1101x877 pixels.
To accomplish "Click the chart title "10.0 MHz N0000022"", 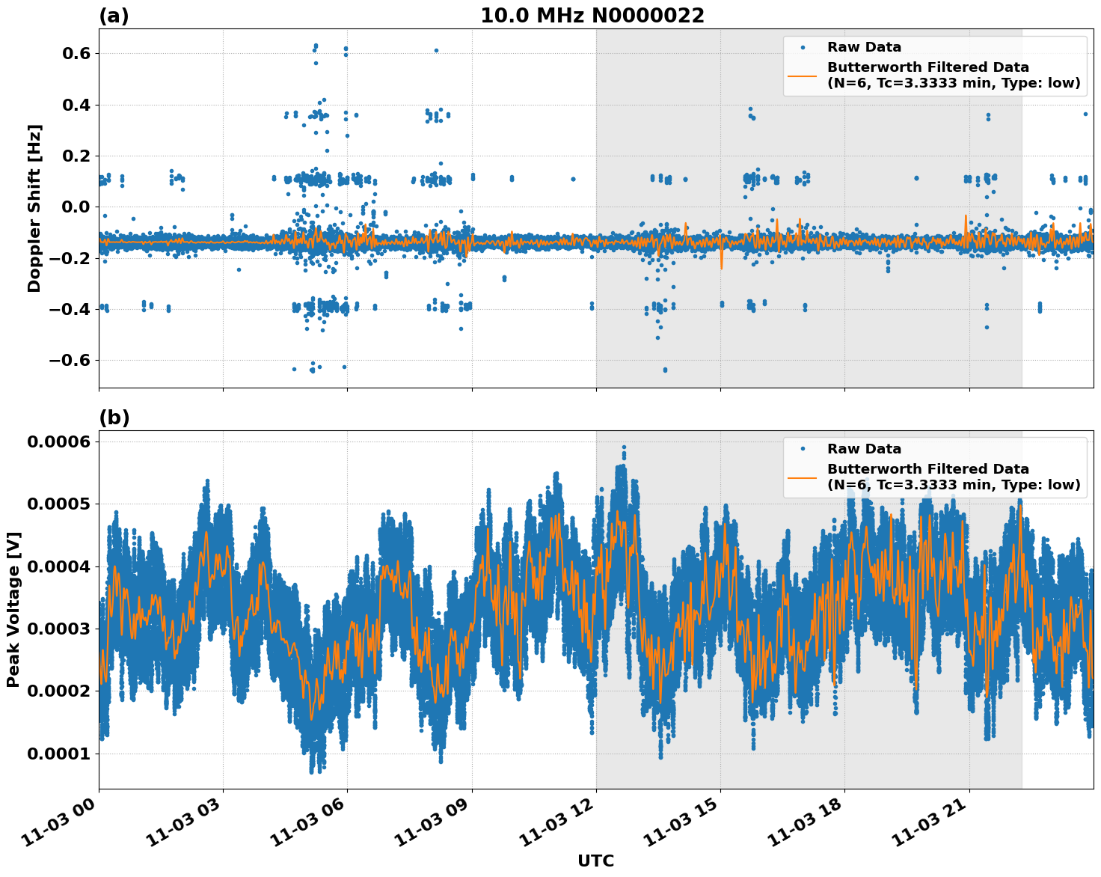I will (592, 16).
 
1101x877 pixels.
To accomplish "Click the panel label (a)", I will (114, 16).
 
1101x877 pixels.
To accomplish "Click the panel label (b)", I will (114, 418).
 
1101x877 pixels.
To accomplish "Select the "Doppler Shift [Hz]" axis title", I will (34, 208).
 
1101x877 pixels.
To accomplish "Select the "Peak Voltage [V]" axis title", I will (13, 609).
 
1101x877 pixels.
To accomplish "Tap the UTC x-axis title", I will (595, 861).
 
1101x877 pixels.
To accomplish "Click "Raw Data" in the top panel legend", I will (864, 47).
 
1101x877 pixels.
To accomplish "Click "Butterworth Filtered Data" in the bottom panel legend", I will (927, 469).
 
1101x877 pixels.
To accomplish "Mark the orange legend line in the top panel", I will (803, 75).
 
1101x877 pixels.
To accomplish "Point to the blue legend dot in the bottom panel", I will (803, 449).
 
